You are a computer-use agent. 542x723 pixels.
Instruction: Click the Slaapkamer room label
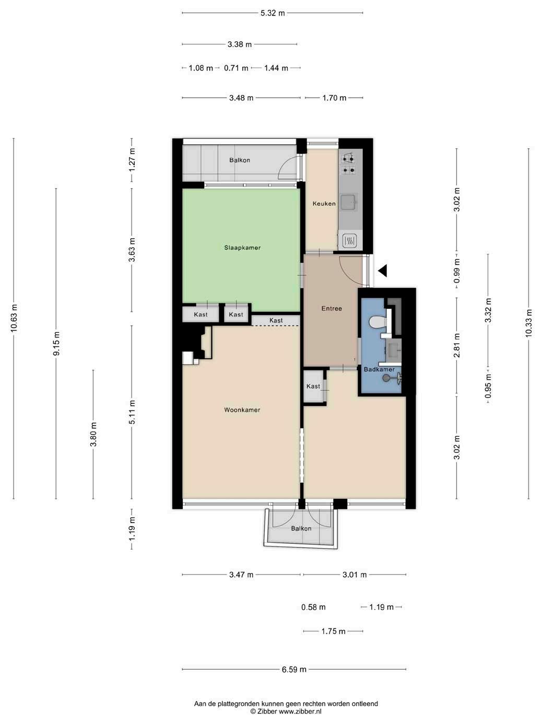[x=242, y=248]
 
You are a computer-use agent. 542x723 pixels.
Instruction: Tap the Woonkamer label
[x=242, y=410]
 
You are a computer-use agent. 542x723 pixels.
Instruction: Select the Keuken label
[x=324, y=204]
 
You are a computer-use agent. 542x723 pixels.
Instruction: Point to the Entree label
[x=332, y=309]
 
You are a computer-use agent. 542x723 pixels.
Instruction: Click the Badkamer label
[x=379, y=369]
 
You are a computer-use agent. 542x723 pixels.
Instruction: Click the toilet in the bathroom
[x=378, y=322]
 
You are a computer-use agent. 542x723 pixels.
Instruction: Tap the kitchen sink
[x=348, y=202]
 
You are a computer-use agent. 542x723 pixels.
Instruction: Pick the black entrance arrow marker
[x=382, y=271]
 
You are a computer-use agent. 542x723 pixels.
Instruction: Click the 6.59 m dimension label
[x=294, y=669]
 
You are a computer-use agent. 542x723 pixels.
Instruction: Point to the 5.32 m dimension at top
[x=273, y=13]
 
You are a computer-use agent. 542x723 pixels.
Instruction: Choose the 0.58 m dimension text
[x=313, y=607]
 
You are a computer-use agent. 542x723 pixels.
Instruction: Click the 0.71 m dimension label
[x=236, y=68]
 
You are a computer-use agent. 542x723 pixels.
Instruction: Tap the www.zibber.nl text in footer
[x=300, y=712]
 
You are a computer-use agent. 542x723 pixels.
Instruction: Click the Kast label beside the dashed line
[x=276, y=320]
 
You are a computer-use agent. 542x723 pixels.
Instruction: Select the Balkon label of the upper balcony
[x=240, y=160]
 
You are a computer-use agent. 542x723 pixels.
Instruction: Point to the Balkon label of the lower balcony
[x=301, y=529]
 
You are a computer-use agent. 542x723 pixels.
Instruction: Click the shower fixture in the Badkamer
[x=392, y=378]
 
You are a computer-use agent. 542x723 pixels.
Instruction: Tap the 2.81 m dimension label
[x=456, y=345]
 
